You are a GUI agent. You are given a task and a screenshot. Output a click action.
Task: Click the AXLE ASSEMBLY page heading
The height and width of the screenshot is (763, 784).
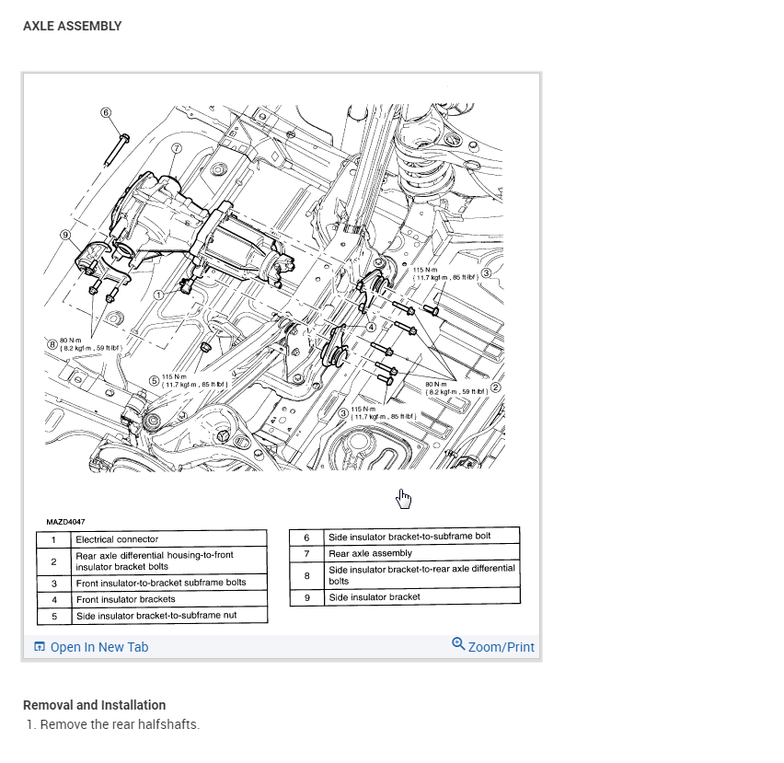pos(72,26)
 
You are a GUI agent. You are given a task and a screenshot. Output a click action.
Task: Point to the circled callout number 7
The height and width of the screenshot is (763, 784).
pos(177,147)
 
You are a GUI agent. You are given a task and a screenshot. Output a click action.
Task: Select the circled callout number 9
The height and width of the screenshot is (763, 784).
pos(65,235)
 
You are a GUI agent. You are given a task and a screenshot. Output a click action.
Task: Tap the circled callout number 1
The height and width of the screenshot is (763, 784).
pos(159,295)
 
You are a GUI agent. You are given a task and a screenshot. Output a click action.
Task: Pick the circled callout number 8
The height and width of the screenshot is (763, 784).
pos(52,344)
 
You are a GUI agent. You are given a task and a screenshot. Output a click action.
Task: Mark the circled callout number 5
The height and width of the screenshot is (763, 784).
pos(155,380)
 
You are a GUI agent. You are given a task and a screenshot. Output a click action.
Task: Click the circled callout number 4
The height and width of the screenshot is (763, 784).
pos(371,326)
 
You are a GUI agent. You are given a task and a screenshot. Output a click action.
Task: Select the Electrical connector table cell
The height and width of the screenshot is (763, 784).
pos(117,539)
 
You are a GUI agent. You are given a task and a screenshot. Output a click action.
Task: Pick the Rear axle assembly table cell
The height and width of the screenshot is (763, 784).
pos(370,553)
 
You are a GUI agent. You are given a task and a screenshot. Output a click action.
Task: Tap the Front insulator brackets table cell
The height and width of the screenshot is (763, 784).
pos(125,599)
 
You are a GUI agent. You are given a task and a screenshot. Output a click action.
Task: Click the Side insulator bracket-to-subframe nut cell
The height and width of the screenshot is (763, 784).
pos(157,614)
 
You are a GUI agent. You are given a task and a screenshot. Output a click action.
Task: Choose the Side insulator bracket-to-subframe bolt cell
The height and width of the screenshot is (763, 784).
pos(409,536)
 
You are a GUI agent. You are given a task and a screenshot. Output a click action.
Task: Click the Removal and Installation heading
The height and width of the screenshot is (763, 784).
pos(94,705)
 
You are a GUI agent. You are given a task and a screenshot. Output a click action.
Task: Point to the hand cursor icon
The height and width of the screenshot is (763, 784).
pos(403,498)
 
